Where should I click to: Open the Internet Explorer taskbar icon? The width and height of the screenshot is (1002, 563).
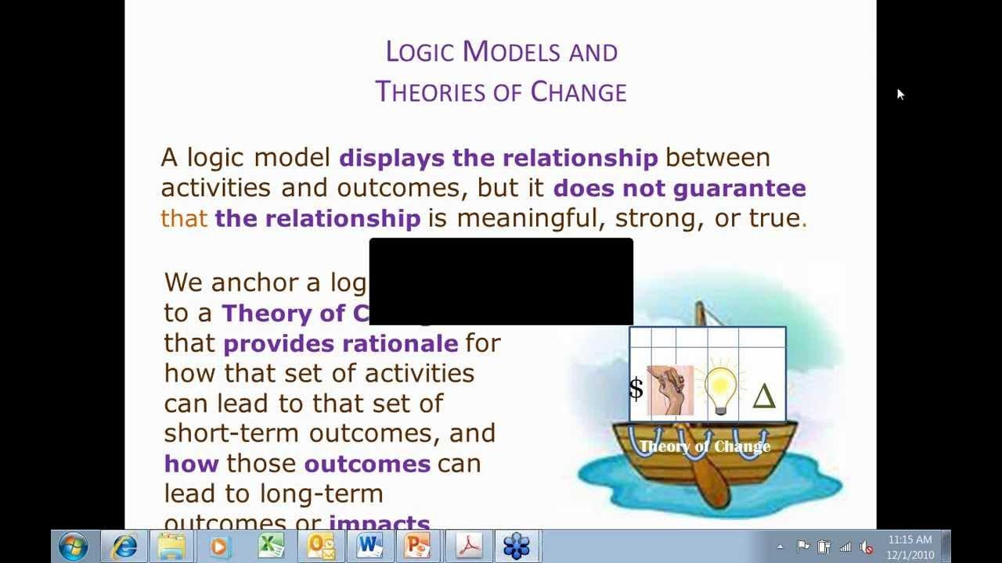124,546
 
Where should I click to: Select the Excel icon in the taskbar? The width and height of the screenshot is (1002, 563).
271,546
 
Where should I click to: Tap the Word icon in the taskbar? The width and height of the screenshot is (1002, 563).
369,546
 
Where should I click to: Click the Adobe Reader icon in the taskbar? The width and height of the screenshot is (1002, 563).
468,546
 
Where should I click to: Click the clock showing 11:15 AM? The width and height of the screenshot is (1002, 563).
910,540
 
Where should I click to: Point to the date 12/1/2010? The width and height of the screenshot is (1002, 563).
910,555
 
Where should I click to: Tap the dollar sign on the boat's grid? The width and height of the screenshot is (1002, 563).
636,389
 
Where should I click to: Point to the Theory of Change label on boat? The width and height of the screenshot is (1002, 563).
705,446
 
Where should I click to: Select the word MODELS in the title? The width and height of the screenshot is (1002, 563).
512,52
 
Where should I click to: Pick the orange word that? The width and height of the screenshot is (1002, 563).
184,218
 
